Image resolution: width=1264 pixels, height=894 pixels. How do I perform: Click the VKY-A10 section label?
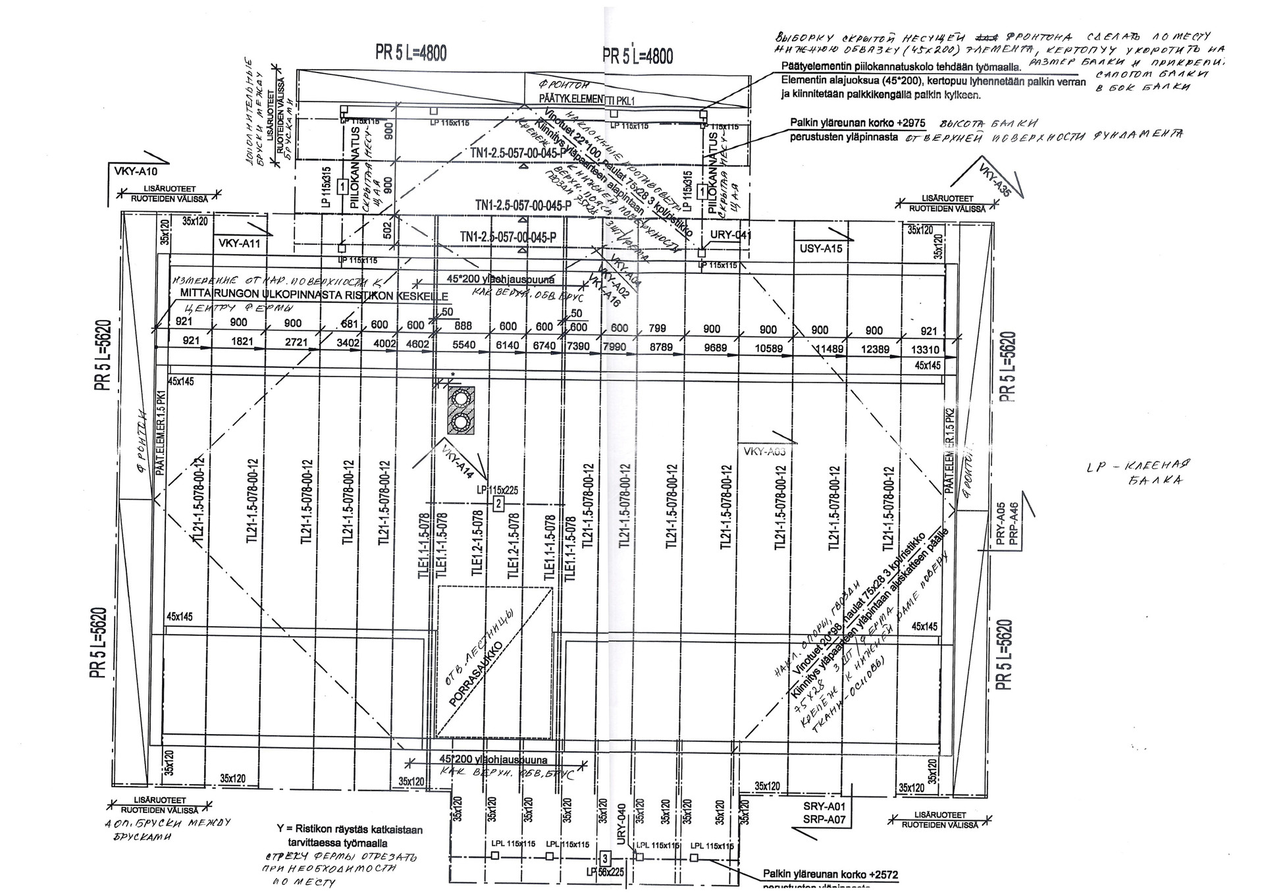136,172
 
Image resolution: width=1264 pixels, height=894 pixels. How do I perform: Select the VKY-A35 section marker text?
994,178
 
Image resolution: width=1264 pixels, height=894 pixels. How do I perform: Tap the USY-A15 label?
820,249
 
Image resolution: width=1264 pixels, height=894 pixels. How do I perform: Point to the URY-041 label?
731,235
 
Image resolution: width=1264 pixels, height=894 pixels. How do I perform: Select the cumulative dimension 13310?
926,350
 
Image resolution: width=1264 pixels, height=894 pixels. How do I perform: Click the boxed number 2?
498,504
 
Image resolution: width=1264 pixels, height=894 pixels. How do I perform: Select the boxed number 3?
604,858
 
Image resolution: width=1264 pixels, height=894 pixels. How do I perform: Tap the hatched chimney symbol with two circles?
460,409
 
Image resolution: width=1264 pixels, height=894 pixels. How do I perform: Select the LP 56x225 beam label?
604,873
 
